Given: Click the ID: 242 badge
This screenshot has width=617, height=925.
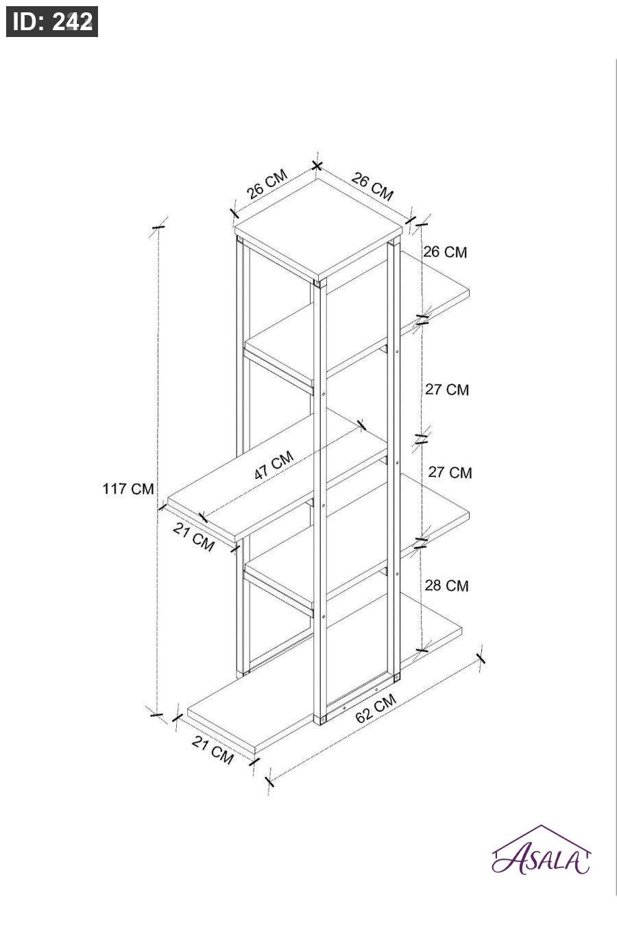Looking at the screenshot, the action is coord(52,21).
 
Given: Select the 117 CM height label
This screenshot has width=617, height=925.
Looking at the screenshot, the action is coord(128,489).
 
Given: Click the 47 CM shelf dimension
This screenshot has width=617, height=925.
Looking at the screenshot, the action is coord(274,465).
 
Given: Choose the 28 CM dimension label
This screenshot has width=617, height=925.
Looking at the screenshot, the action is coord(447,586).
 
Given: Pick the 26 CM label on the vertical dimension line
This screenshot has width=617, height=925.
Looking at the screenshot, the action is coord(445,252).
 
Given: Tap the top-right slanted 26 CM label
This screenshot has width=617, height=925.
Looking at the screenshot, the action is coord(372,186).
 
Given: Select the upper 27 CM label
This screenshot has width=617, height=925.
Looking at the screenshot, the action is coord(447,389).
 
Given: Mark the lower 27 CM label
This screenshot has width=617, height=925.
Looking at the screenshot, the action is coord(450,472).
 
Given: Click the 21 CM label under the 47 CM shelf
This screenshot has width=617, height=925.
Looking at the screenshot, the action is coord(194,536).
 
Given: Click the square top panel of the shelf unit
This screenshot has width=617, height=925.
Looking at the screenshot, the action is coord(318,228).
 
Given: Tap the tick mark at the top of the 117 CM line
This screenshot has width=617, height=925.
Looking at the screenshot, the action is coord(158,227).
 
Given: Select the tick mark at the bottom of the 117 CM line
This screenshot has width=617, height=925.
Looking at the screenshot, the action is coord(156,715).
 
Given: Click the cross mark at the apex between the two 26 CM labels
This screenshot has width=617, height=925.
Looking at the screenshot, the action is coord(317,166).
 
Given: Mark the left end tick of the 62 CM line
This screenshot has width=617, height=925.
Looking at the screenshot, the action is coord(270,781).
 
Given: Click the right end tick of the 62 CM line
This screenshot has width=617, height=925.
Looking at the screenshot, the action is coord(481,658).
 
